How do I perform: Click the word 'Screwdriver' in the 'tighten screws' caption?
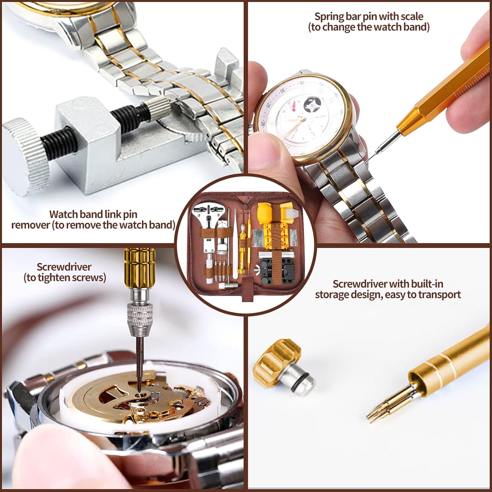[64, 267]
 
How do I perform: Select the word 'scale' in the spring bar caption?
[411, 16]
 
